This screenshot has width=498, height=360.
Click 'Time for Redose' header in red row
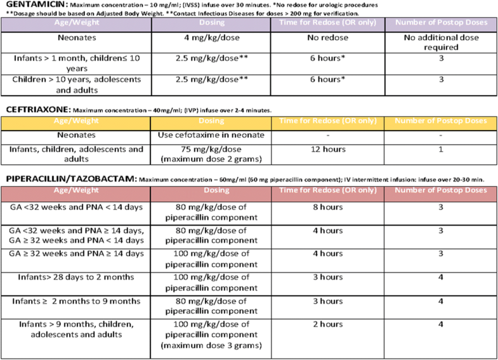pos(327,190)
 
